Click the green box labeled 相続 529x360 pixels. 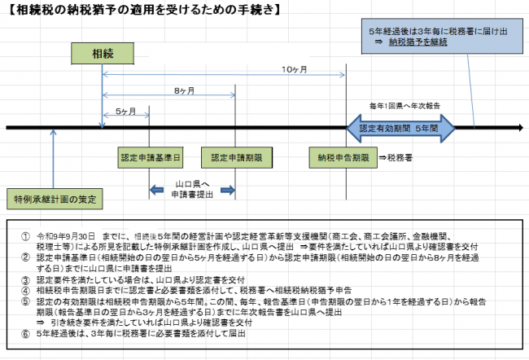(x=103, y=54)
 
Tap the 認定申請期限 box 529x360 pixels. (x=234, y=157)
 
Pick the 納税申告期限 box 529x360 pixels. (x=345, y=157)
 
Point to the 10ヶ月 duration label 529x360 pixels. (x=294, y=70)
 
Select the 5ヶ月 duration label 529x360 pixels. (x=126, y=111)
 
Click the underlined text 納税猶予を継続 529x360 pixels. (x=418, y=42)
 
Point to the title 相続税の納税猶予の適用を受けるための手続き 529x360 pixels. (x=138, y=10)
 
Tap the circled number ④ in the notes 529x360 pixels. (x=25, y=288)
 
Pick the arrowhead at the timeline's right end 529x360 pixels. (x=518, y=128)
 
